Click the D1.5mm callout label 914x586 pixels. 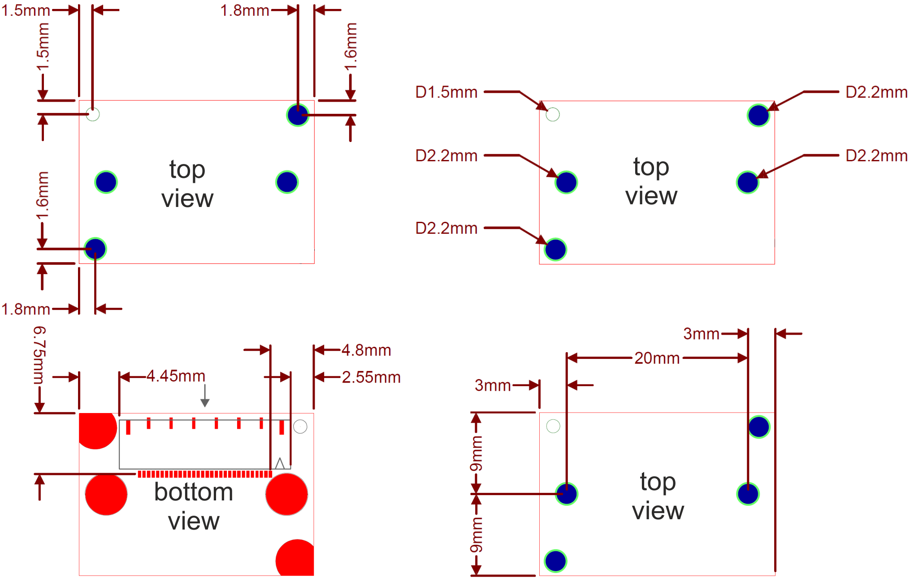click(x=446, y=92)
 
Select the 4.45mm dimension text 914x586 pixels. click(x=176, y=376)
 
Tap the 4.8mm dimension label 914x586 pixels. click(x=366, y=350)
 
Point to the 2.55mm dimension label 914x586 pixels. click(x=371, y=377)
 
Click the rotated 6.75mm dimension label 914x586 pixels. click(x=39, y=355)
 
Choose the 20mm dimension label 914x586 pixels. click(x=657, y=358)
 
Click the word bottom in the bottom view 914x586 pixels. click(x=194, y=492)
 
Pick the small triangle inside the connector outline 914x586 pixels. click(x=280, y=463)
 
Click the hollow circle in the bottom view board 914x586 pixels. click(x=300, y=427)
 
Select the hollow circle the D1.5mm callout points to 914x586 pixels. click(x=553, y=115)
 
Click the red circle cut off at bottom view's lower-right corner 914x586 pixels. click(x=295, y=558)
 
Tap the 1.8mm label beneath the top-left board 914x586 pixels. click(x=26, y=309)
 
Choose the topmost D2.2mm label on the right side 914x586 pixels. click(x=876, y=92)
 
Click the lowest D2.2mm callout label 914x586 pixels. click(x=446, y=228)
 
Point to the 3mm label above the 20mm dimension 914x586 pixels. click(x=701, y=334)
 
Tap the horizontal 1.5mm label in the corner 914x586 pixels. click(x=26, y=11)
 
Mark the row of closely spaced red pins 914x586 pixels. click(x=205, y=474)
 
